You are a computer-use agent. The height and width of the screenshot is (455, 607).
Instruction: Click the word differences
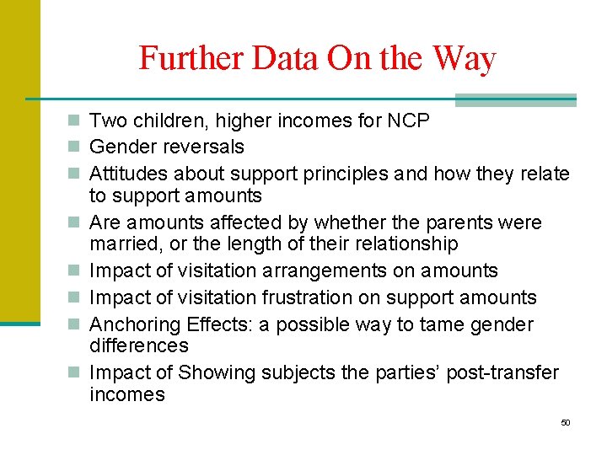[139, 345]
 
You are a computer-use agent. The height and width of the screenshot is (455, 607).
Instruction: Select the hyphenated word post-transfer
[502, 372]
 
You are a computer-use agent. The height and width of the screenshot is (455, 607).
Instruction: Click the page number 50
[565, 422]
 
